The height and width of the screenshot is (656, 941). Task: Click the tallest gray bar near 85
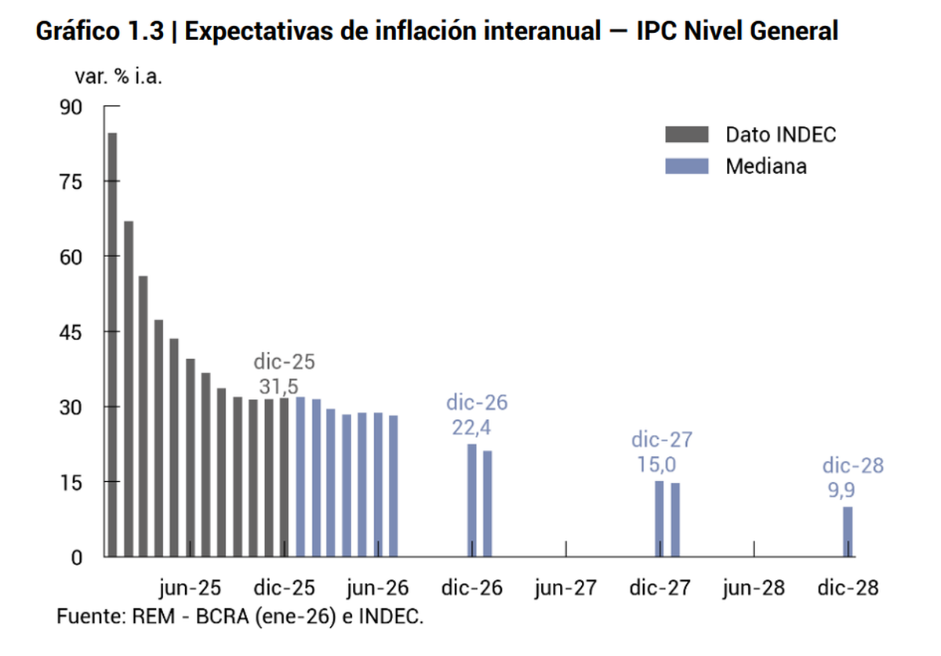click(112, 345)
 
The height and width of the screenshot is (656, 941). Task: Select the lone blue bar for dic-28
click(848, 532)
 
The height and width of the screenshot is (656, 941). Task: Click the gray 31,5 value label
click(278, 386)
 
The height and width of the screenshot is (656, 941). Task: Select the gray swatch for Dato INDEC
click(686, 134)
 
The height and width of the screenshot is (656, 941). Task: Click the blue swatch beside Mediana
click(686, 166)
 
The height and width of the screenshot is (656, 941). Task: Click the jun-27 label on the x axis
click(565, 588)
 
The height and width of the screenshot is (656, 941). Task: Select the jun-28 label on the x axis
click(754, 588)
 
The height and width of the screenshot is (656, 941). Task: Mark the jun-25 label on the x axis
click(190, 588)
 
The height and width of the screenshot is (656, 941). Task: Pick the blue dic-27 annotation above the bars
click(662, 440)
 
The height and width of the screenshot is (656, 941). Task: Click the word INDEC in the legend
click(806, 134)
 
